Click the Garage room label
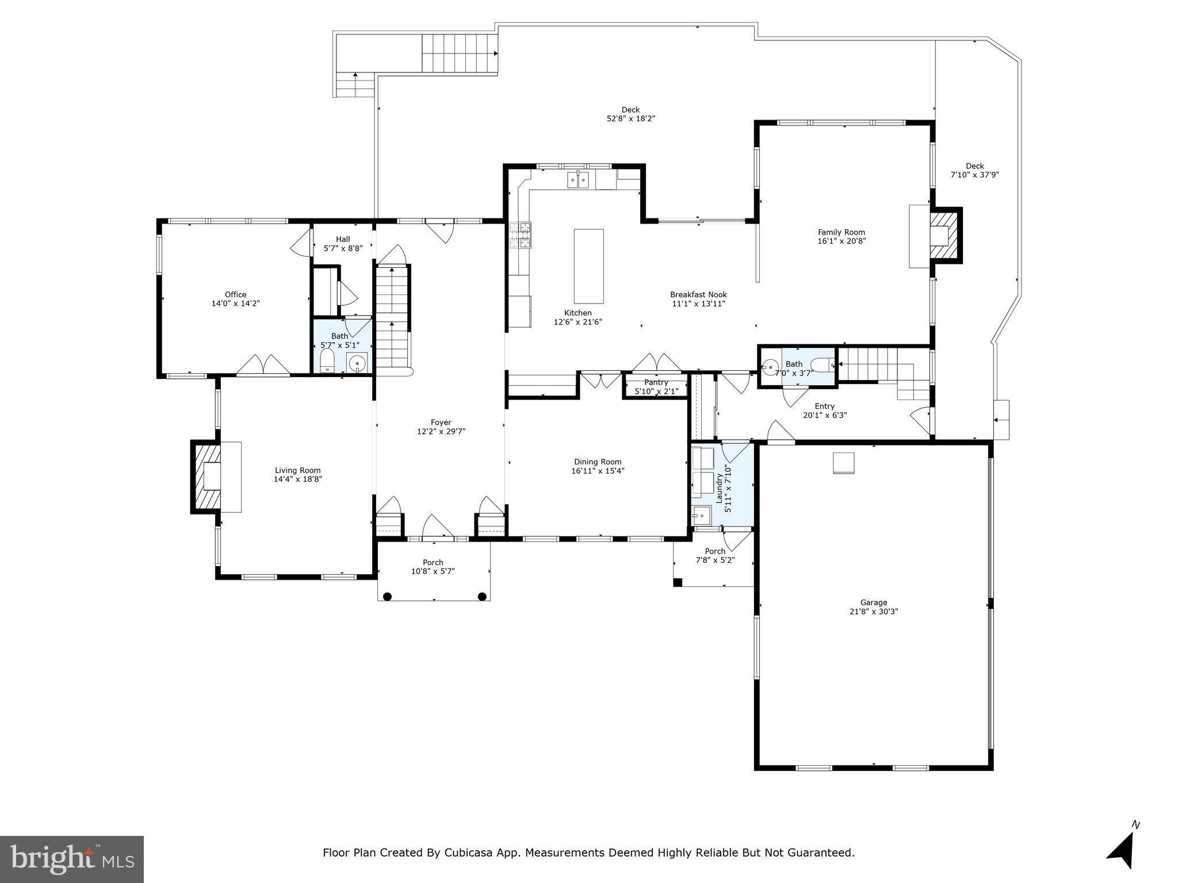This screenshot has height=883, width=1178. (873, 602)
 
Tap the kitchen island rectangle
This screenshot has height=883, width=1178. (588, 266)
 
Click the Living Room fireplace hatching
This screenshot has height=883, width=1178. (206, 476)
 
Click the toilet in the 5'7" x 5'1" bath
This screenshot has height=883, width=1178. (327, 362)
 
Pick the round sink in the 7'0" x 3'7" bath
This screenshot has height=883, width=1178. (770, 366)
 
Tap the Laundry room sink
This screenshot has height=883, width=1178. (701, 516)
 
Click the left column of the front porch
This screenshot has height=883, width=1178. (388, 596)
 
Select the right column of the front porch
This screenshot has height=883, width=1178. (482, 596)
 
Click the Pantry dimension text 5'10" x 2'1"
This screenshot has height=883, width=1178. (656, 391)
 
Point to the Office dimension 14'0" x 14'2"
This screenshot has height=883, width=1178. (236, 303)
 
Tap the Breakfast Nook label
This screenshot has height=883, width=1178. (698, 294)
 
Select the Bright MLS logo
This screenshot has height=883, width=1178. (72, 859)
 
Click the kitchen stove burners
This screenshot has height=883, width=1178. (521, 235)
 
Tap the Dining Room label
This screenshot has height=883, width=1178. (598, 462)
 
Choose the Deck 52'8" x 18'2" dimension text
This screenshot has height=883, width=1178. (631, 118)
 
